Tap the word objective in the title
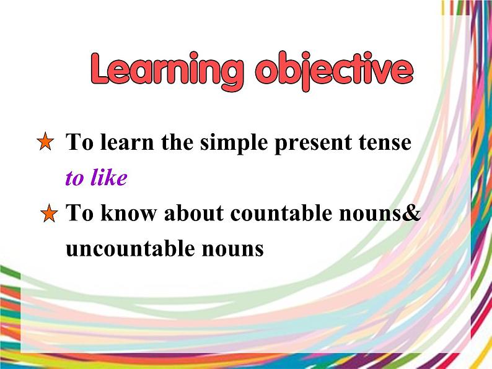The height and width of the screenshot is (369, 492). click(x=333, y=72)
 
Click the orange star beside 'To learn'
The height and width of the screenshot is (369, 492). click(x=46, y=143)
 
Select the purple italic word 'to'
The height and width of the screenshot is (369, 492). click(x=74, y=179)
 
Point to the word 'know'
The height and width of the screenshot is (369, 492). click(x=123, y=214)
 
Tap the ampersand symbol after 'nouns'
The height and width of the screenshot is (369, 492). click(x=413, y=214)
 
